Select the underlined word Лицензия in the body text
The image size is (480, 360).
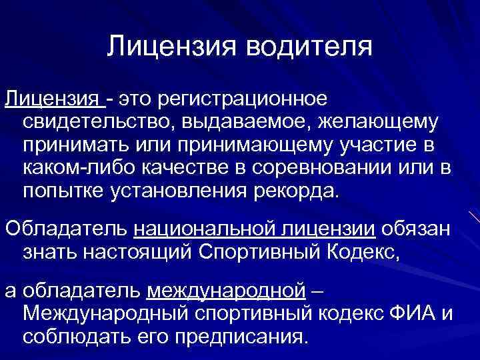53,99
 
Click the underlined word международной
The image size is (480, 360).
226,292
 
